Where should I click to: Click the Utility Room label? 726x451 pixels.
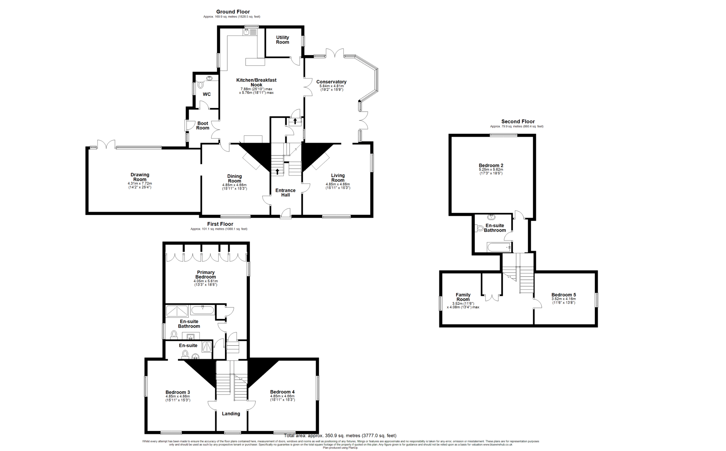[282, 40]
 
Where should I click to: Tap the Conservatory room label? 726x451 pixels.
[331, 82]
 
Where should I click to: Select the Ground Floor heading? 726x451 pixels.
[233, 12]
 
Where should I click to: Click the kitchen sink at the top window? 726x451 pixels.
[250, 32]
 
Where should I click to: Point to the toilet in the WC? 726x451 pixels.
[200, 85]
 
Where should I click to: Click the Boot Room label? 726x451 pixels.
[203, 126]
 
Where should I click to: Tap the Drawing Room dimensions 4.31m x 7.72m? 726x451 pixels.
[140, 184]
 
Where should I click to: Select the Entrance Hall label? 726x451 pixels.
[285, 192]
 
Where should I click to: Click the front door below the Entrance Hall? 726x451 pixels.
[286, 214]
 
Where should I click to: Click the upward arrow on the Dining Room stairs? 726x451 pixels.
[277, 171]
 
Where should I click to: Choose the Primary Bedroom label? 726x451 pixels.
[205, 274]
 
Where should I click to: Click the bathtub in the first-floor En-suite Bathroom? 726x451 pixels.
[202, 310]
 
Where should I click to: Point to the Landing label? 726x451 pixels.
[231, 413]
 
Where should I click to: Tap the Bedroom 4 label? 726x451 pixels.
[282, 392]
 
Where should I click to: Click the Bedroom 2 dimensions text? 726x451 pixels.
[491, 171]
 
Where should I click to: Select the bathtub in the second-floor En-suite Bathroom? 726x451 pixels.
[499, 248]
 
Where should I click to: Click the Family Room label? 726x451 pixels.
[463, 297]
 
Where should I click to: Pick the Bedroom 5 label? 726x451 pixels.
[563, 295]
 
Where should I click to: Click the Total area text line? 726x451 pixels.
[340, 435]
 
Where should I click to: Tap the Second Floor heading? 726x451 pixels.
[518, 121]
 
